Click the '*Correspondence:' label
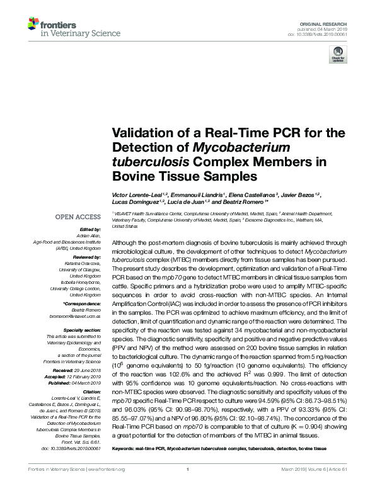tap(83, 303)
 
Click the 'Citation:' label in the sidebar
tap(91, 390)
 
